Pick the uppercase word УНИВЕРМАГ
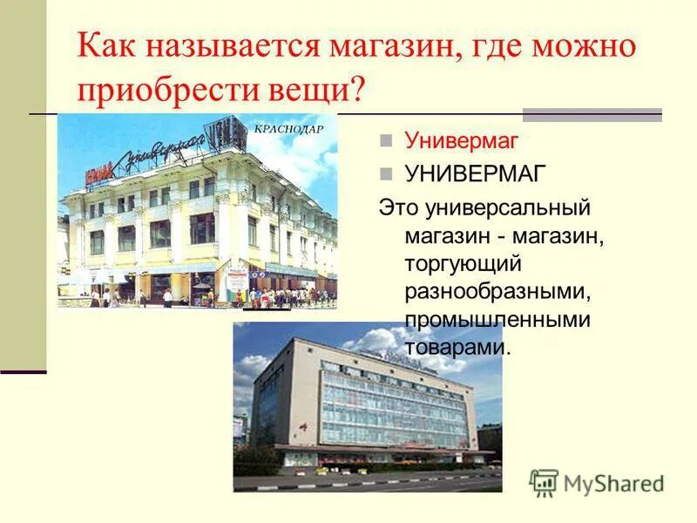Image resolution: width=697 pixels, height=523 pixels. pyautogui.click(x=476, y=173)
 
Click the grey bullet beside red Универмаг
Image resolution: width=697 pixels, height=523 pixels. pyautogui.click(x=386, y=140)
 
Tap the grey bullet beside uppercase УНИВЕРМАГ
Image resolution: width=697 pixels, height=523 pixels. pyautogui.click(x=386, y=173)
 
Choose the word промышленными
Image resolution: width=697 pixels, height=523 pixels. pyautogui.click(x=497, y=320)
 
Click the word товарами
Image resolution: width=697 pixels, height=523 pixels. pyautogui.click(x=456, y=348)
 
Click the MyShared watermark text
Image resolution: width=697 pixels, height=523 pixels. pyautogui.click(x=613, y=482)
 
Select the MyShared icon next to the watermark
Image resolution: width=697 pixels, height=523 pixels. pyautogui.click(x=544, y=483)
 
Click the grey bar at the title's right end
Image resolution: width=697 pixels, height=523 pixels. pyautogui.click(x=592, y=114)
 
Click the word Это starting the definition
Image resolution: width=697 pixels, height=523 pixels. pyautogui.click(x=396, y=208)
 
